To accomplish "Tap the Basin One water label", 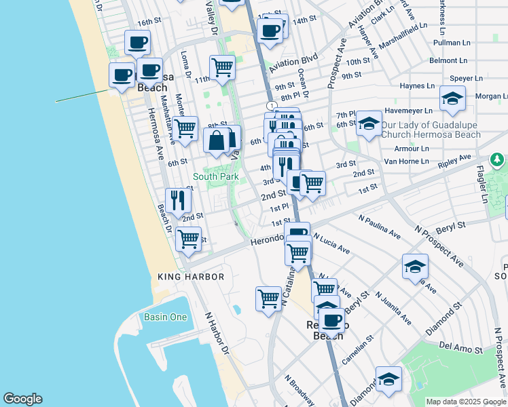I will coord(165,317).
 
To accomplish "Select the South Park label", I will coord(215,176).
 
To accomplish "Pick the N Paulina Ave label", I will coord(378,228).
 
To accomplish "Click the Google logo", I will coord(22,399).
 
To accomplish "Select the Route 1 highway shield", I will coord(271,106).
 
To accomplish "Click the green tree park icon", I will coord(497,159).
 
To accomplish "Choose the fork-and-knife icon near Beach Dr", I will coord(178,199).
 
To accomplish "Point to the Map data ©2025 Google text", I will coord(466,402).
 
